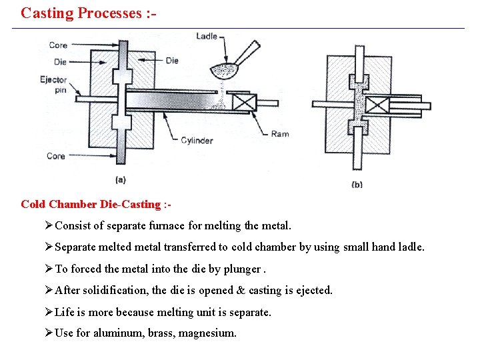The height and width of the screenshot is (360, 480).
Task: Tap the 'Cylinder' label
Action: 197,141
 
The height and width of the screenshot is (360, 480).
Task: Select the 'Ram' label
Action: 280,134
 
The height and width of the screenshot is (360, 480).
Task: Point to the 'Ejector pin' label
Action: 53,85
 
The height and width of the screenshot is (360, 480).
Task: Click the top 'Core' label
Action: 58,45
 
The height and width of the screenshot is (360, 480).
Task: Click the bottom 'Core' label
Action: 56,156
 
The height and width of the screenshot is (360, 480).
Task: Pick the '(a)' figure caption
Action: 121,179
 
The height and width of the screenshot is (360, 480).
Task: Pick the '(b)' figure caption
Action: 357,184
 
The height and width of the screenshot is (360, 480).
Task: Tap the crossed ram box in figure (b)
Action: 379,105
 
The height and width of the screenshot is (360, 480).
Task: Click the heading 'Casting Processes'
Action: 88,13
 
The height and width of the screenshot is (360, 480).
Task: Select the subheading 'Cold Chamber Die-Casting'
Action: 91,204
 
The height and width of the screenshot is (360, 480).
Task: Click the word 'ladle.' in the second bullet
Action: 409,247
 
